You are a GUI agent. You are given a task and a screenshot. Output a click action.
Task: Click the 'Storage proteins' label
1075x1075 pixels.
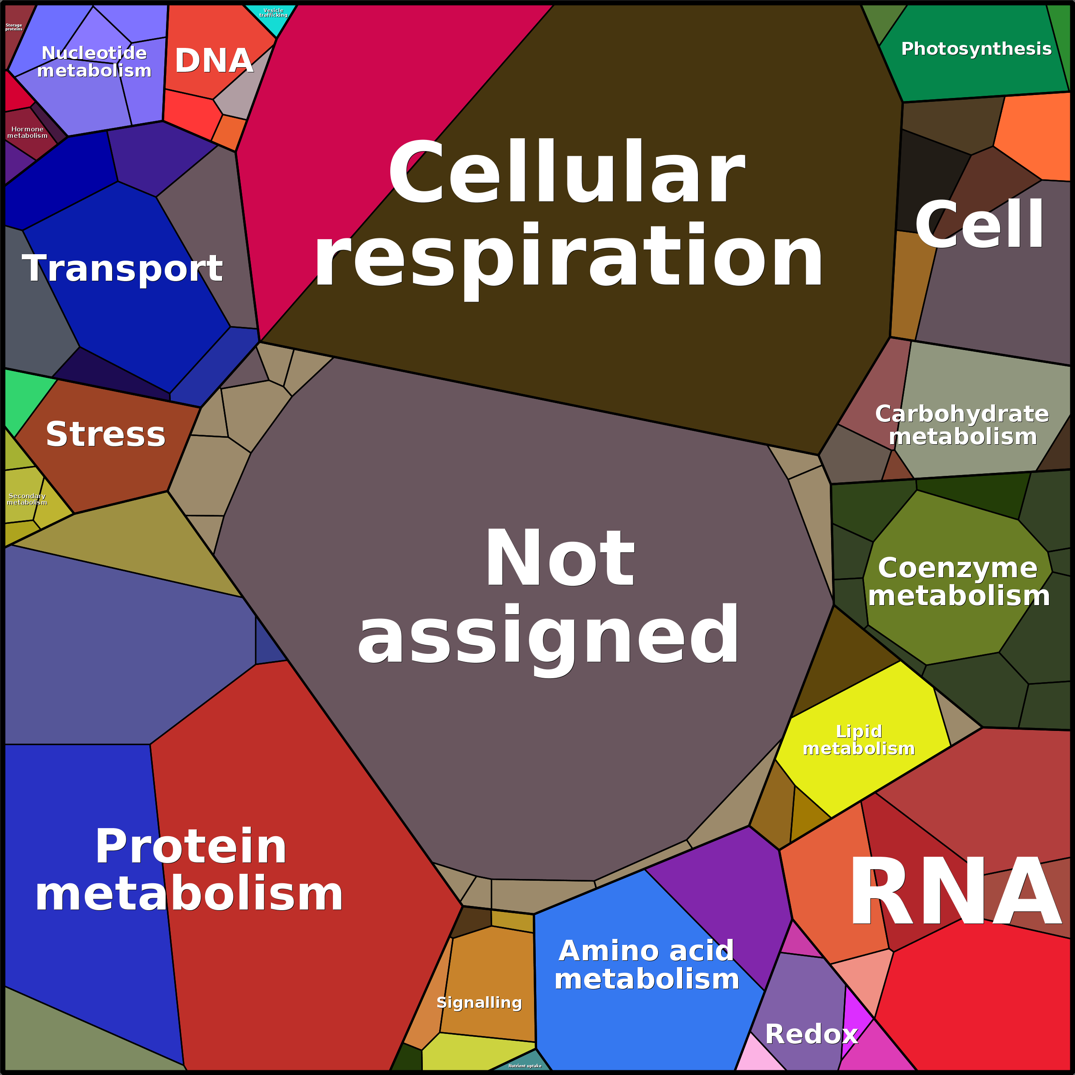pos(14,27)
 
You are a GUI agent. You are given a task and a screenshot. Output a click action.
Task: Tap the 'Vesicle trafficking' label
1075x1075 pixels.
pos(273,13)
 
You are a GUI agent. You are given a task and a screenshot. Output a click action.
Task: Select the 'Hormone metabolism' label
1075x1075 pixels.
pos(27,132)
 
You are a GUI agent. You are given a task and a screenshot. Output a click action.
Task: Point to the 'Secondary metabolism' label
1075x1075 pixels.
pos(27,499)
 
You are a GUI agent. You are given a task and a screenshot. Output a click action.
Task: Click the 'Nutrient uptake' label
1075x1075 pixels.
pos(525,1066)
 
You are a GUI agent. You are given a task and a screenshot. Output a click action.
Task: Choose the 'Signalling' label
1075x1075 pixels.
pos(479,1003)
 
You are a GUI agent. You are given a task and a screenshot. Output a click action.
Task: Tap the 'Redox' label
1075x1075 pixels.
pos(811,1034)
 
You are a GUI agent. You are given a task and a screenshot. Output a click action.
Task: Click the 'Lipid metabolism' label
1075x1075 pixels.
pos(858,739)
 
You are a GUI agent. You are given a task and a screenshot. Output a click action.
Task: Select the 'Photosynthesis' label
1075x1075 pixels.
pos(976,49)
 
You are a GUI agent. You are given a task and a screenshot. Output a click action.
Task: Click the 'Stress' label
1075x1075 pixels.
pos(106,434)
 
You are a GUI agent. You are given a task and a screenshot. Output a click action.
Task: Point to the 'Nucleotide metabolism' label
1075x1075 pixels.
pos(94,62)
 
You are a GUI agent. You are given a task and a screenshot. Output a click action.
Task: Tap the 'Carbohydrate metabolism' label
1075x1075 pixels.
pos(962,425)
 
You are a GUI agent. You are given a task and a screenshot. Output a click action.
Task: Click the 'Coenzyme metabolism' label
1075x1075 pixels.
pos(958,582)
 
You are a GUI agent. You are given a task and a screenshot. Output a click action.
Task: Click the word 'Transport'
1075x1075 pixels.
pos(122,268)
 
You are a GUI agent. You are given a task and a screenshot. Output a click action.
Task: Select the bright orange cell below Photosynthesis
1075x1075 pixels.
pos(1035,134)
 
